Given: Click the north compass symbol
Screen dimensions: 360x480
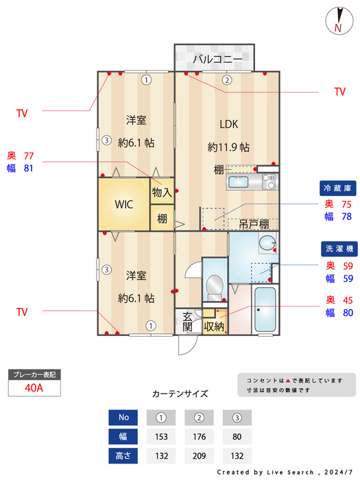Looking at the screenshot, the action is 339,21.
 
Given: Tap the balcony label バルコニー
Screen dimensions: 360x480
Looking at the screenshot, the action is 217,58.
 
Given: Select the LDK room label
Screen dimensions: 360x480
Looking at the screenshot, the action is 228,124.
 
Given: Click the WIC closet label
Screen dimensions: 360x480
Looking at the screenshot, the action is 123,204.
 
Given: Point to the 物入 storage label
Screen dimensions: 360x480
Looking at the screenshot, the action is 162,192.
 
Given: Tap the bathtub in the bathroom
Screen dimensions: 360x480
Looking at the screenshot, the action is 265,309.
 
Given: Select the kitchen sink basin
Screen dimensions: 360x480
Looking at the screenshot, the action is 239,182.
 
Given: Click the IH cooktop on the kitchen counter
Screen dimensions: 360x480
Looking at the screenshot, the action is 269,182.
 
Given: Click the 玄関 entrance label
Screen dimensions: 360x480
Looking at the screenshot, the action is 187,322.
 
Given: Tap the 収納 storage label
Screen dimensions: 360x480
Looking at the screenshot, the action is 214,326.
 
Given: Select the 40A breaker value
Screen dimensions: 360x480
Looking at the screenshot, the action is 34,388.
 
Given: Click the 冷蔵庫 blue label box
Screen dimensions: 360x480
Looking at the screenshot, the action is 337,188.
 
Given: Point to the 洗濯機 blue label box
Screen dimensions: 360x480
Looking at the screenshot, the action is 339,248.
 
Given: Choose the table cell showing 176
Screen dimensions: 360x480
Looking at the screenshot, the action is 199,436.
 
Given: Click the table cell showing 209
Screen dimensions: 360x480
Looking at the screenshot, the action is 199,456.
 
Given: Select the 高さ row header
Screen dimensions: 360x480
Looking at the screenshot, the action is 123,456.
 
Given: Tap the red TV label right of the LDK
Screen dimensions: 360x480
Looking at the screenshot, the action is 340,91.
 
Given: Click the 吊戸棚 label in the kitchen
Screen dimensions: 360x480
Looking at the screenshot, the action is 254,224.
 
